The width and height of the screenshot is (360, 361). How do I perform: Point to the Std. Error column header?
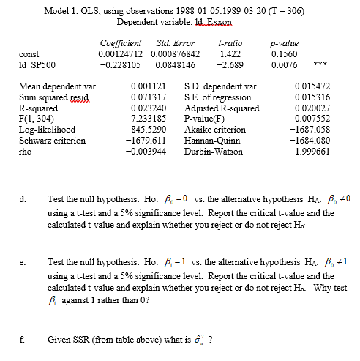pos(176,43)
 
